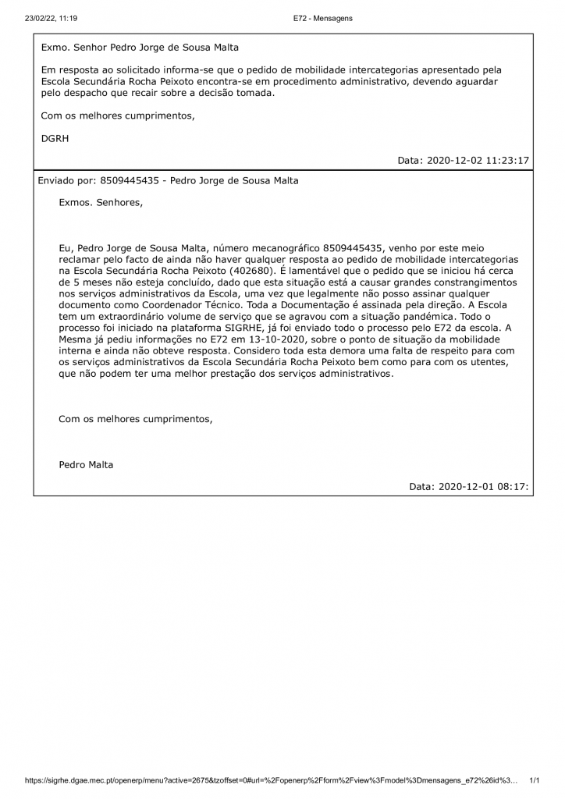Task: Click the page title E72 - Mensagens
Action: (323, 18)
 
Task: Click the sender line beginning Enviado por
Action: (168, 180)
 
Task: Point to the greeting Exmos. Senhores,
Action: (101, 203)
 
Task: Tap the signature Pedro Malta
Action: (86, 465)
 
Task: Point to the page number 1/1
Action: (535, 780)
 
